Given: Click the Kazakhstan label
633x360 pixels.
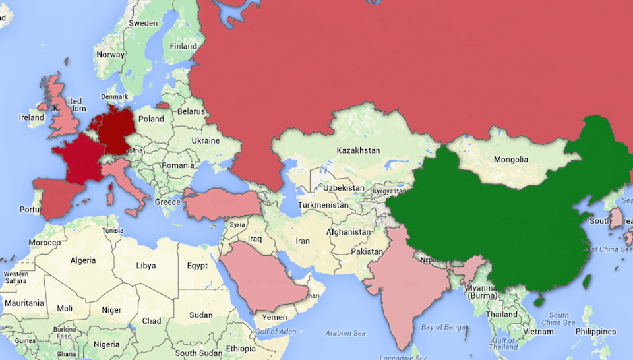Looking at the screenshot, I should (358, 150).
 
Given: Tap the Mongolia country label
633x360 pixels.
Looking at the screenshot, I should (511, 160).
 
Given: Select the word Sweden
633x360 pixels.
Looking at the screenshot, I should (143, 23).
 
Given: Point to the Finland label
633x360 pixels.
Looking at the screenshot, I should (183, 47).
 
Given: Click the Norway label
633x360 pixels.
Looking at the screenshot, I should (110, 55).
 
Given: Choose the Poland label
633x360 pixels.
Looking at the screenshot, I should (151, 119).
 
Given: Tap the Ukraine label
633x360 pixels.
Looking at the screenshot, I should (205, 140).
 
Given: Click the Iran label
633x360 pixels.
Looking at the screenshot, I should (303, 241).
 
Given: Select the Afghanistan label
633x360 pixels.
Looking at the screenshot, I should (348, 232).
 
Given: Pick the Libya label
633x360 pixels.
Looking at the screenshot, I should (146, 266).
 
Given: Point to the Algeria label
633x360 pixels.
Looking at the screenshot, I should (83, 260).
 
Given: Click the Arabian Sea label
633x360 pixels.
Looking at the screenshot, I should (345, 333).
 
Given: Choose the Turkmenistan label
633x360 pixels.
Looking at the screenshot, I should (323, 205).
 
